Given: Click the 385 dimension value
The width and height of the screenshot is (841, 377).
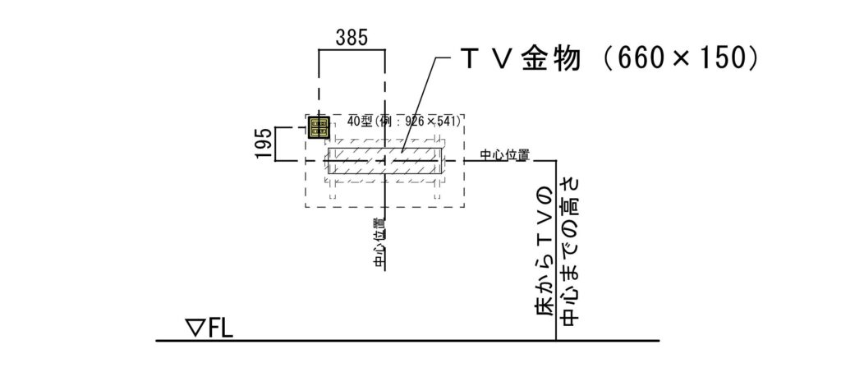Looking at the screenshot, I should click(x=351, y=37).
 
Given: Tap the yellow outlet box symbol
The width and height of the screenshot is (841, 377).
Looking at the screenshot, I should click(x=319, y=127).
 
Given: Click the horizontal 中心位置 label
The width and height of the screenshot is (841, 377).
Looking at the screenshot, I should click(x=503, y=154).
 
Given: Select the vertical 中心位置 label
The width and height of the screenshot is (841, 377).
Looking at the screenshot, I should click(x=379, y=243).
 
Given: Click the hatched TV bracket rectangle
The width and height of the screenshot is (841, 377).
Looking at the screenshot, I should click(x=385, y=160).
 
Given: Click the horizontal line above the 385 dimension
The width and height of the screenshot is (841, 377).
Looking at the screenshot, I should click(x=351, y=50).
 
